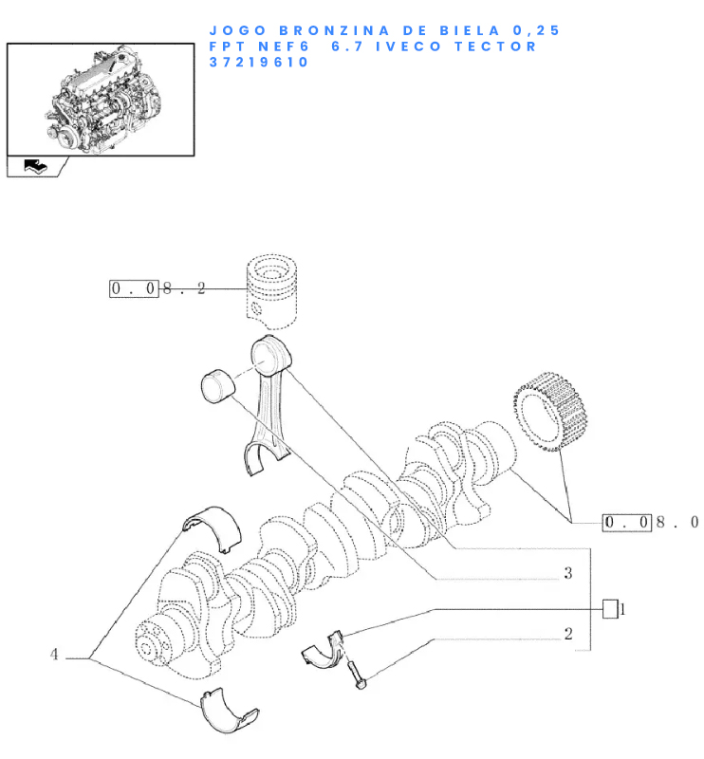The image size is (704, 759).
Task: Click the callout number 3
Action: [568, 573]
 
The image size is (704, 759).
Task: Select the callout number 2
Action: [568, 634]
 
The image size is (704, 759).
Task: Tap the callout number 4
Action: [54, 655]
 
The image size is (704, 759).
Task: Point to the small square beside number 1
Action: [610, 609]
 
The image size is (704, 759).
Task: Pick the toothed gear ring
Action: [550, 412]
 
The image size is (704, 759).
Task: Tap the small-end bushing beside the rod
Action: [217, 386]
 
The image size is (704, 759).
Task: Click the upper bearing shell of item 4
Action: [213, 528]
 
